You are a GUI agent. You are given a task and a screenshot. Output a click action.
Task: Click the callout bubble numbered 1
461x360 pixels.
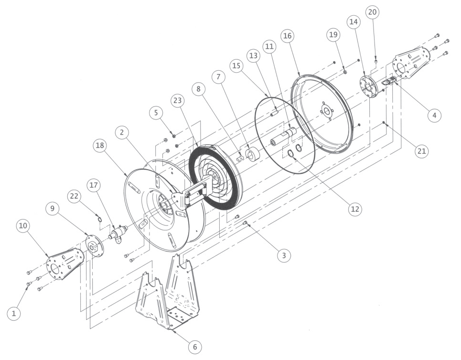pos(14,313)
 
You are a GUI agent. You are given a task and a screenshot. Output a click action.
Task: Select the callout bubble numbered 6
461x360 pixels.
pos(194,346)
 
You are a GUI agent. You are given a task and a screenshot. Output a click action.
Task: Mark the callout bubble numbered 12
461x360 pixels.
pos(355,209)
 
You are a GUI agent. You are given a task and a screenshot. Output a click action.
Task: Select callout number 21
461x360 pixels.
pos(421,151)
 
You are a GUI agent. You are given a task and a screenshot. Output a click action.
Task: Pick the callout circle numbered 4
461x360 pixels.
pos(434,115)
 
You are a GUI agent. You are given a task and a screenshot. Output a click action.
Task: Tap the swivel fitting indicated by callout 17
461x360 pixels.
pos(118,233)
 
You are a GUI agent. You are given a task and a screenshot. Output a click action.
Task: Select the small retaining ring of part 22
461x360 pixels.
pos(98,219)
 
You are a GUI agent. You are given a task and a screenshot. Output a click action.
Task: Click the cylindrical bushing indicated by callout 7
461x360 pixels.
pos(252,155)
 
